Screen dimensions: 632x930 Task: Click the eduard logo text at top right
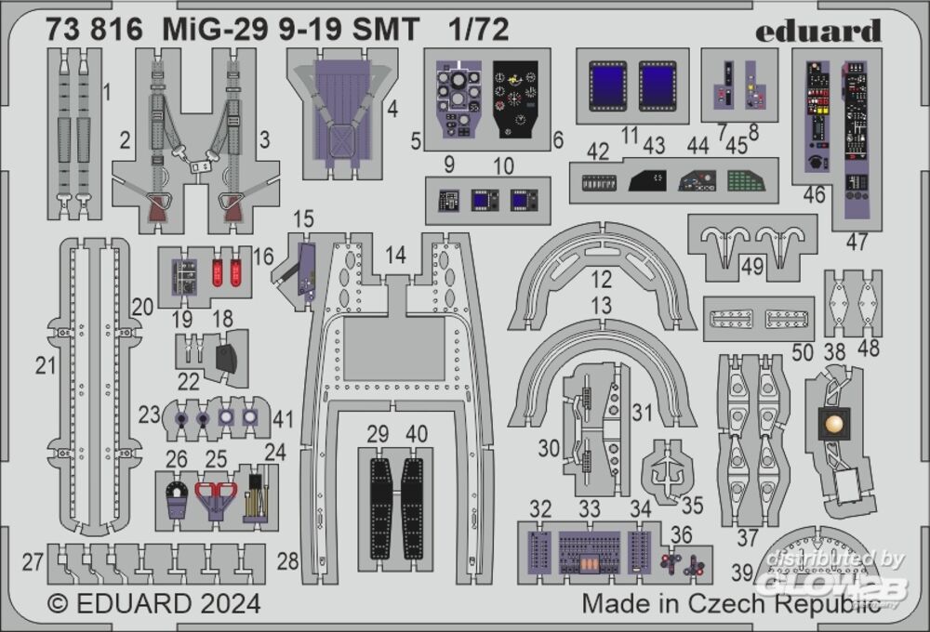pos(817,31)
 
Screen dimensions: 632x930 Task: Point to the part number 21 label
pos(46,366)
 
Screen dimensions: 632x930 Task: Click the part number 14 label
pos(396,255)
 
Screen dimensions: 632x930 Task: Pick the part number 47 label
pos(857,242)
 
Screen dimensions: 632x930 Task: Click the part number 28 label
pos(288,560)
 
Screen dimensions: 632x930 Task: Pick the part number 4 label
pos(392,110)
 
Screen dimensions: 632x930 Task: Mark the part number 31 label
pos(642,411)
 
